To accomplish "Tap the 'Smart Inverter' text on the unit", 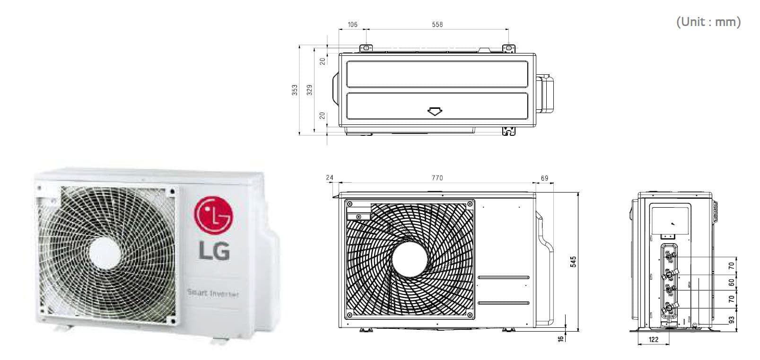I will (213, 293).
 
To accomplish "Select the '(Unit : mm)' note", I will (708, 22).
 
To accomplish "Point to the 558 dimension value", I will (437, 25).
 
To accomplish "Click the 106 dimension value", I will (352, 25).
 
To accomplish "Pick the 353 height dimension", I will (295, 90).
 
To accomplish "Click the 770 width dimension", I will (437, 178).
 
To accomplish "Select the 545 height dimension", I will (574, 262).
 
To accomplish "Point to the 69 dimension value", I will (544, 178).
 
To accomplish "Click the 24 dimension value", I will (330, 178).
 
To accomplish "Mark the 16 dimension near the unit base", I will (561, 339).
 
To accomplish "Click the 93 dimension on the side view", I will (731, 321).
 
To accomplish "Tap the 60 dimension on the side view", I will (731, 282).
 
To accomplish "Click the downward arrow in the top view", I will (435, 112).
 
